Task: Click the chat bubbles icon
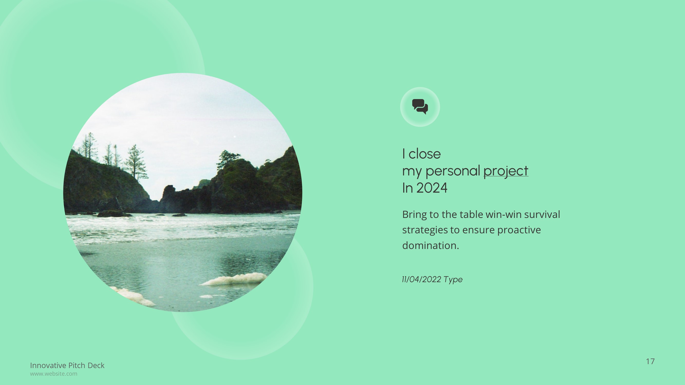[x=420, y=107]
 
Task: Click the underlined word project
[x=505, y=171]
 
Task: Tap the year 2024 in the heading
[x=431, y=188]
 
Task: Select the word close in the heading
[x=424, y=154]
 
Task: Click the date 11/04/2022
[x=421, y=279]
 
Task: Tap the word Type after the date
[x=453, y=280]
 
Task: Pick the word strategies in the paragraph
[x=424, y=230]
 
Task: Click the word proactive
[x=519, y=230]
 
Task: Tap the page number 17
[x=650, y=361]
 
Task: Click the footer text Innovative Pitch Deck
[x=67, y=365]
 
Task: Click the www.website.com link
[x=53, y=373]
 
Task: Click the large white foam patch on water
[x=235, y=279]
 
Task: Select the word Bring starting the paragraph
[x=414, y=214]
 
